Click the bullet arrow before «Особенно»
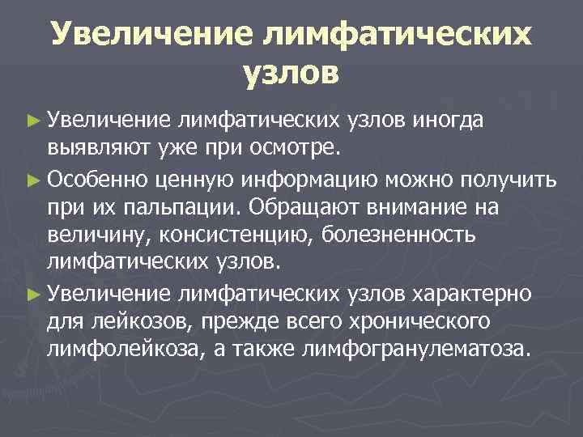point(32,179)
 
